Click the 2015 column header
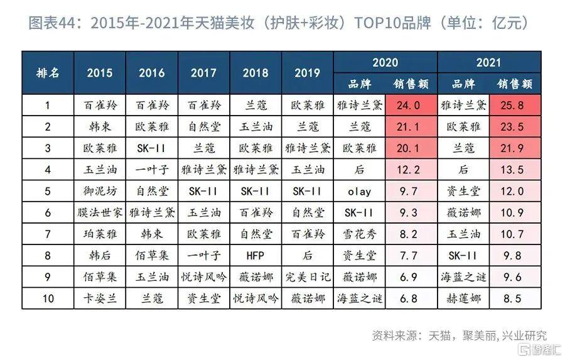pos(100,73)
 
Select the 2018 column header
pos(256,73)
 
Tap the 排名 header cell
pos(48,73)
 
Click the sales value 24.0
pos(411,106)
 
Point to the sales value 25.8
pos(515,106)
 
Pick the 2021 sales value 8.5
pos(515,298)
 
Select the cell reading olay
pos(359,192)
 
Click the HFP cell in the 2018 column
pos(256,255)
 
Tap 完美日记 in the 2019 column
pos(308,276)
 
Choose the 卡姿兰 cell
pos(100,298)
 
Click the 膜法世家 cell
pos(100,213)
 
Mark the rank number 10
pos(48,298)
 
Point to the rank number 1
pos(48,106)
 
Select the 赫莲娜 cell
pos(464,298)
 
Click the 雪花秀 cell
pos(359,234)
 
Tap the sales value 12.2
pos(411,170)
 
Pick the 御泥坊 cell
pos(100,192)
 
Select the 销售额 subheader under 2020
pos(411,84)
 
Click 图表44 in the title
pos(53,25)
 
